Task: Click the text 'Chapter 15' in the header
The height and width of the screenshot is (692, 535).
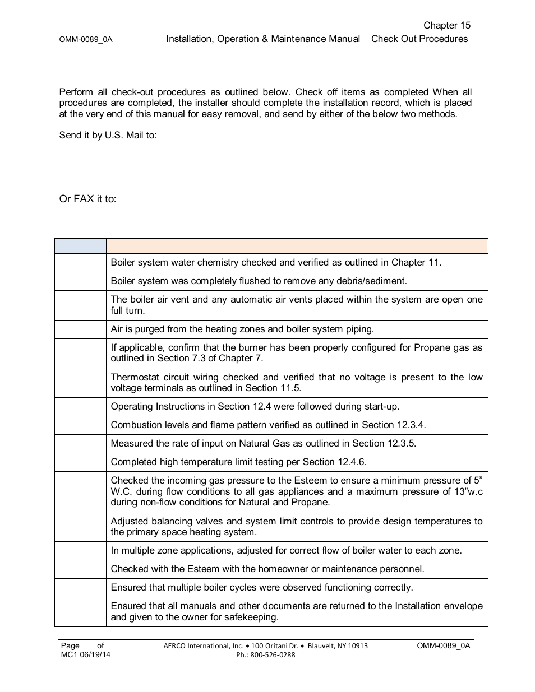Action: coord(446,25)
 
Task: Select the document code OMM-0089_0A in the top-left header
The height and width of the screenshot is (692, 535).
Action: coord(86,40)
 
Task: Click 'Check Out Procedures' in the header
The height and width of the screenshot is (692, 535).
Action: coord(419,39)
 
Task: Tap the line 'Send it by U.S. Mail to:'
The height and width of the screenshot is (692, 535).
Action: coord(108,136)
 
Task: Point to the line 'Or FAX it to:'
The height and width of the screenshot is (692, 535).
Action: coord(87,199)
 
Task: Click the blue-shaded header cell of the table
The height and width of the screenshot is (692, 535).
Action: coord(80,246)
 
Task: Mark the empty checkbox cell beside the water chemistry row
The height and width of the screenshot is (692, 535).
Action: coord(80,263)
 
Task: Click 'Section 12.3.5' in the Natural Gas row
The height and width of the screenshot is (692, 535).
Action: coord(384,443)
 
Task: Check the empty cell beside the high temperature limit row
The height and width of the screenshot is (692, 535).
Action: coord(80,462)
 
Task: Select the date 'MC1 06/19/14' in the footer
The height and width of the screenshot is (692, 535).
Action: coord(86,654)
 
